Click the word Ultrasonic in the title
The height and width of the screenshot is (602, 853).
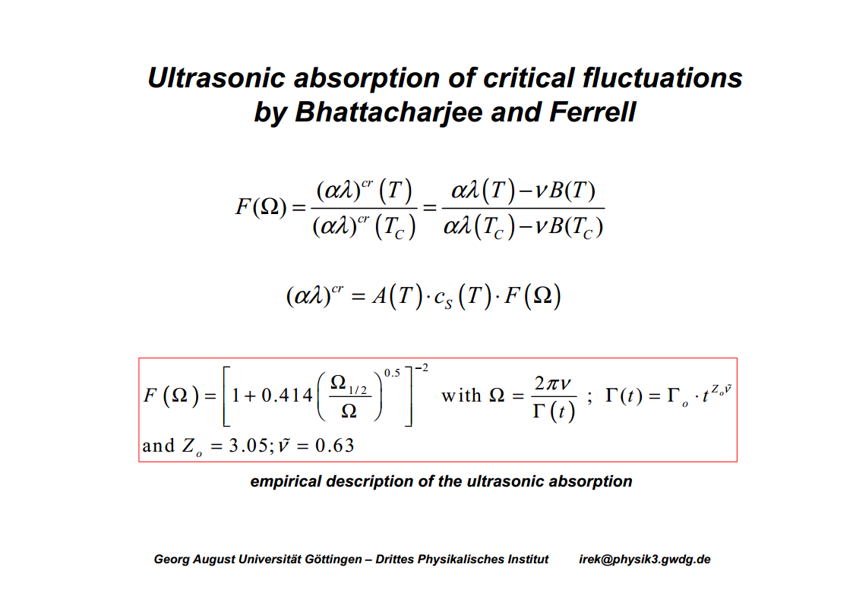216,77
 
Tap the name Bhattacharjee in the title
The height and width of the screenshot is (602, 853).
388,112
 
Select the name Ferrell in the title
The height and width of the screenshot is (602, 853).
592,112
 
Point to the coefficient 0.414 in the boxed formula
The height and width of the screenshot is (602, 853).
286,396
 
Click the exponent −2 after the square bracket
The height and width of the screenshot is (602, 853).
422,368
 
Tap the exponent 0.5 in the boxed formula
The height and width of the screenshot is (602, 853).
392,373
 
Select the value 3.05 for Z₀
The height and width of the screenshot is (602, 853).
248,446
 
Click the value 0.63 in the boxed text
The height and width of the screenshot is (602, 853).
334,446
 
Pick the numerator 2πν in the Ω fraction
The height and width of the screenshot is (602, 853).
553,383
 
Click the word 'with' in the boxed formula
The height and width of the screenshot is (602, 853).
461,396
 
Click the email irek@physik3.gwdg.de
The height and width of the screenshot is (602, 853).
645,559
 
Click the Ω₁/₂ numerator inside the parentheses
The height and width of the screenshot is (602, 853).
349,383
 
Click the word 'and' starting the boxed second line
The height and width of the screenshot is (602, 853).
158,446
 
